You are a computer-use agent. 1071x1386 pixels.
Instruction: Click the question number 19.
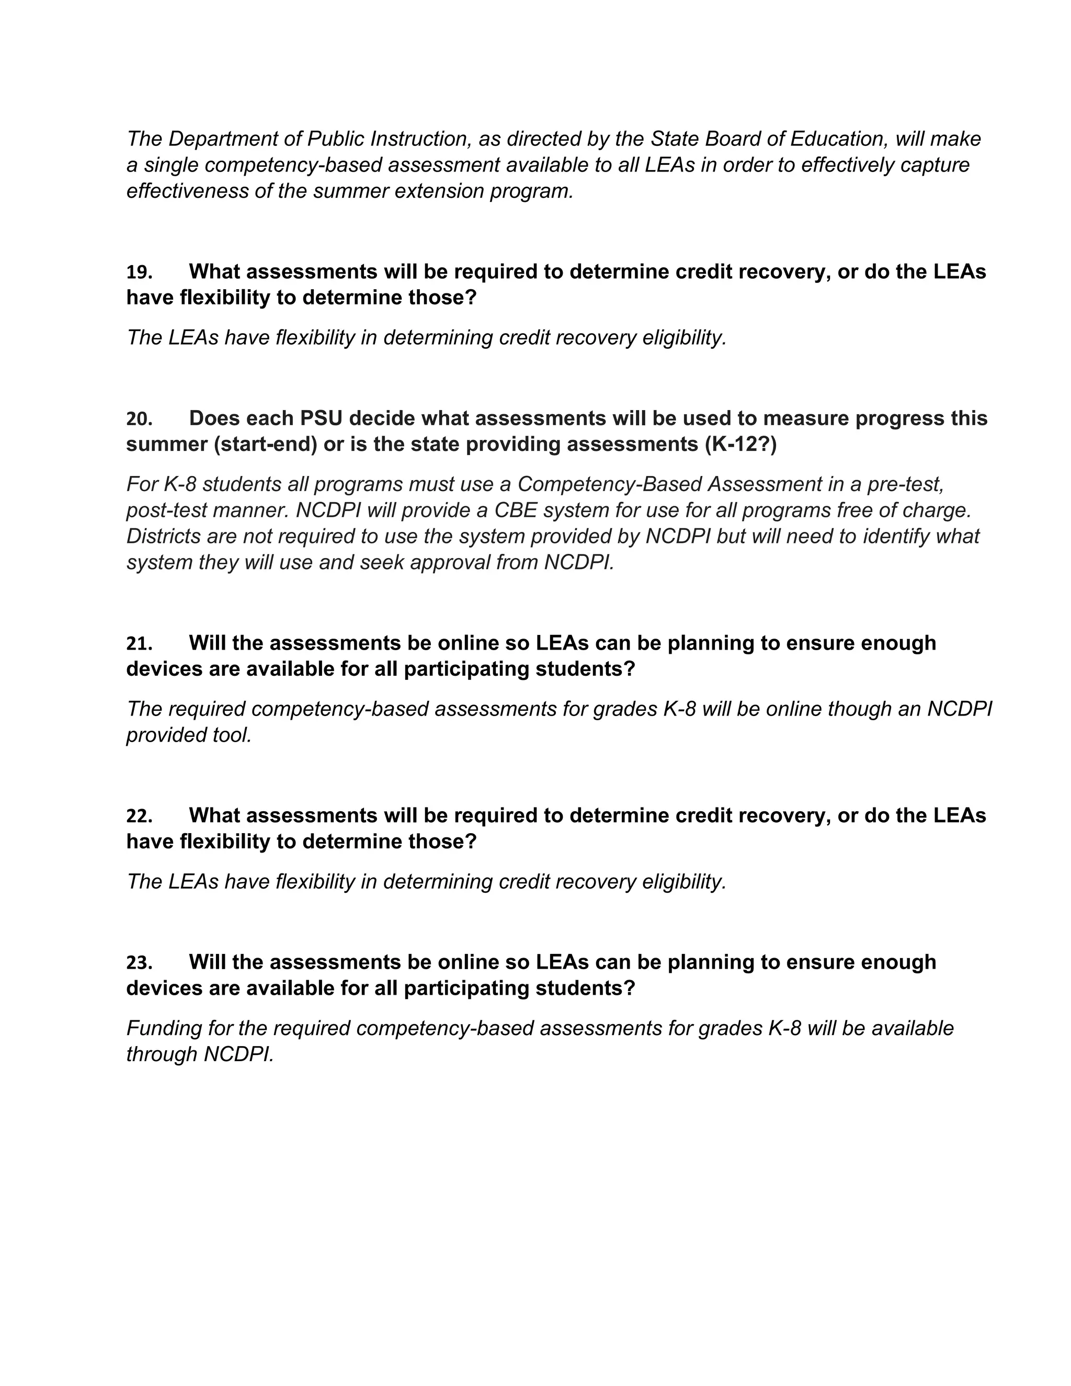pos(139,272)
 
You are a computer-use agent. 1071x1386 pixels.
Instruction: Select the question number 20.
pos(139,419)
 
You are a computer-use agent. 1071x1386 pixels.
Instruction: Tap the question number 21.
pos(139,643)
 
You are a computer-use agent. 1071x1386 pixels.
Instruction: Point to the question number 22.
pos(139,815)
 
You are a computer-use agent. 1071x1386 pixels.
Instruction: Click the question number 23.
pos(139,963)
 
